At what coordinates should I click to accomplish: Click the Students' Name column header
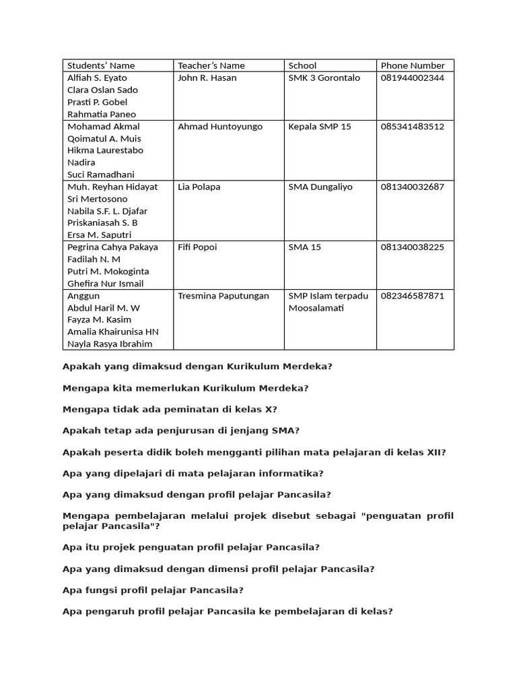coord(101,65)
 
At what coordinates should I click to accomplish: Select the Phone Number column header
coord(413,65)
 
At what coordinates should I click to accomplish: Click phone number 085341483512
coord(413,127)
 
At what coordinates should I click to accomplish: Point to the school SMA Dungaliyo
coord(320,187)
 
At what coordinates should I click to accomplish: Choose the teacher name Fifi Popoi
coord(197,247)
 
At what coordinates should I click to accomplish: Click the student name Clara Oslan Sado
coord(102,90)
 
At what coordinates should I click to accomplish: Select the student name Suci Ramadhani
coord(101,175)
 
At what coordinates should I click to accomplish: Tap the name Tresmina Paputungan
coord(223,296)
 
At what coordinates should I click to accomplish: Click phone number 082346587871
coord(413,296)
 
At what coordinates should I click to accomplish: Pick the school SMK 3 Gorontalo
coord(324,77)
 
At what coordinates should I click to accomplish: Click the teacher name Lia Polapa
coord(199,187)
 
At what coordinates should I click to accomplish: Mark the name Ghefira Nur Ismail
coord(105,284)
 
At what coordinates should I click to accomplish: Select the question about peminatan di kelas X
coord(170,409)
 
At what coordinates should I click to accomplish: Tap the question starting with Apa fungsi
coord(153,590)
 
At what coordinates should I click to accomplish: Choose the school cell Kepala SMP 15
coord(320,127)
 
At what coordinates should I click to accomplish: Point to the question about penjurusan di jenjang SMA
coord(181,431)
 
